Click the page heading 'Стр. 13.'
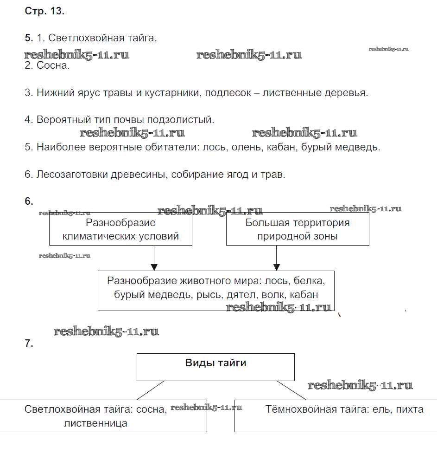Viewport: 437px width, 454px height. [x=44, y=12]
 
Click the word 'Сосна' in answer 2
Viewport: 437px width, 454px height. [x=51, y=65]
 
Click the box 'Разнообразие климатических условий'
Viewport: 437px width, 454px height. [x=120, y=229]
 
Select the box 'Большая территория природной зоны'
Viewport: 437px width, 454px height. [x=298, y=229]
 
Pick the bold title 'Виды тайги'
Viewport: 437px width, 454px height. [x=215, y=363]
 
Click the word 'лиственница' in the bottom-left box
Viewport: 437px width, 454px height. [x=96, y=423]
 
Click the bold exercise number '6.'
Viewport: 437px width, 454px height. [x=29, y=201]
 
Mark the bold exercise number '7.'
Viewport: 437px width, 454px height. [x=29, y=344]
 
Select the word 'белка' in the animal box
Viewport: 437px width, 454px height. [x=306, y=281]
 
